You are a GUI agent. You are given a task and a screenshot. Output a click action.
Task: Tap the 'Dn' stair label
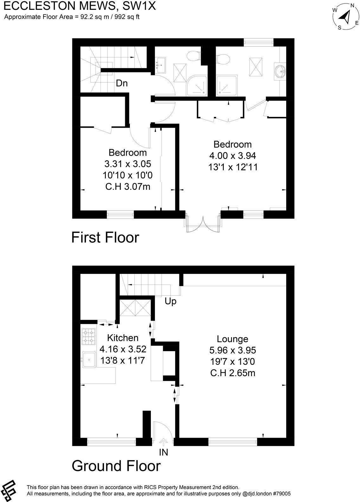pyautogui.click(x=122, y=83)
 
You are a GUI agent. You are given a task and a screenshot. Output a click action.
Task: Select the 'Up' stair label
pyautogui.click(x=170, y=301)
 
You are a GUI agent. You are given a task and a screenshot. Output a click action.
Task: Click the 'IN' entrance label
pyautogui.click(x=164, y=452)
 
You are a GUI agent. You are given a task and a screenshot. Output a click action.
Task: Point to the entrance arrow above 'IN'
pyautogui.click(x=164, y=442)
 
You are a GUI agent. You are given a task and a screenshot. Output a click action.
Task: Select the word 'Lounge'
pyautogui.click(x=232, y=339)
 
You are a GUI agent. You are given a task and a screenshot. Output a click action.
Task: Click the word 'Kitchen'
pyautogui.click(x=123, y=338)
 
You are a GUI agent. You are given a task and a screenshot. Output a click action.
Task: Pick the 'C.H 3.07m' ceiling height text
pyautogui.click(x=127, y=187)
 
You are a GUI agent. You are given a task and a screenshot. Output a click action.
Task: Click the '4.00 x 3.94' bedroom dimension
pyautogui.click(x=232, y=156)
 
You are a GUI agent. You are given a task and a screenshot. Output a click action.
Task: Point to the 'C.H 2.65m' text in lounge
pyautogui.click(x=233, y=373)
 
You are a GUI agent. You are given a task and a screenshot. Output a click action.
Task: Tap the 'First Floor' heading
pyautogui.click(x=105, y=237)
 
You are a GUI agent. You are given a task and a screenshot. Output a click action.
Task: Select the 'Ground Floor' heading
pyautogui.click(x=116, y=466)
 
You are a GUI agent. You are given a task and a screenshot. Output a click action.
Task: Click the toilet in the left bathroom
pyautogui.click(x=193, y=56)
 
